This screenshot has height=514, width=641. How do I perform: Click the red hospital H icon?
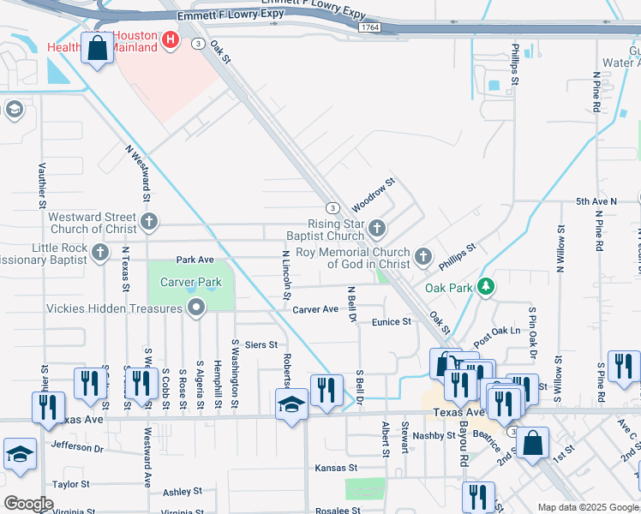pyautogui.click(x=171, y=39)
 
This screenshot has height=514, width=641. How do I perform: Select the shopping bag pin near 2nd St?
pyautogui.click(x=532, y=445)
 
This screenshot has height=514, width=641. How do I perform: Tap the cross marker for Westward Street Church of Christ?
pyautogui.click(x=149, y=223)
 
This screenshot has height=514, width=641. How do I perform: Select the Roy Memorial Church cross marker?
pyautogui.click(x=422, y=257)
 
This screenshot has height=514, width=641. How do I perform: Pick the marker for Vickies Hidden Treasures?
pyautogui.click(x=197, y=307)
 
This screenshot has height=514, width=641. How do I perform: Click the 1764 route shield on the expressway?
pyautogui.click(x=370, y=28)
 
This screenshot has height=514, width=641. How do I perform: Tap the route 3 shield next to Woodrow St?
pyautogui.click(x=331, y=207)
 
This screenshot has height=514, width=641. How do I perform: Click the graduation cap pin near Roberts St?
pyautogui.click(x=291, y=404)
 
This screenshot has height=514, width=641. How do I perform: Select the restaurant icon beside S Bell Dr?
pyautogui.click(x=325, y=390)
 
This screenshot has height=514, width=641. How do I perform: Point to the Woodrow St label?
pyautogui.click(x=373, y=195)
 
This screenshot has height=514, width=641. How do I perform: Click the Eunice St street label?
pyautogui.click(x=392, y=322)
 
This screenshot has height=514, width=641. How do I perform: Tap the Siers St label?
pyautogui.click(x=261, y=344)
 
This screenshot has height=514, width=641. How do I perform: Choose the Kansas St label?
pyautogui.click(x=335, y=468)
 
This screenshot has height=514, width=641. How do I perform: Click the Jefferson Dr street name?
pyautogui.click(x=77, y=446)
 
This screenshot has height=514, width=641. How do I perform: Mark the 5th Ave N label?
pyautogui.click(x=596, y=201)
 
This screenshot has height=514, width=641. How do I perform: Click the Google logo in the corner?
pyautogui.click(x=28, y=504)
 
